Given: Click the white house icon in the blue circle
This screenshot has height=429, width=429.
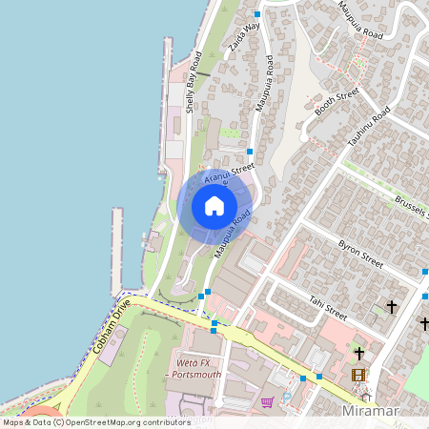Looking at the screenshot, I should click(x=214, y=205).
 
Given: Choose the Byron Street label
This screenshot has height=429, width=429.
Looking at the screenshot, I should click(x=360, y=253).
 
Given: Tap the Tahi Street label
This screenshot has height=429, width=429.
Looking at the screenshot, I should click(x=327, y=306).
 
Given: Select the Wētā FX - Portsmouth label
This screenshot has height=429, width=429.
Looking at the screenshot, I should click(x=195, y=369).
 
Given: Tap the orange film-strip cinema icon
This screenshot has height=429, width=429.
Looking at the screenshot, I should click(x=358, y=376).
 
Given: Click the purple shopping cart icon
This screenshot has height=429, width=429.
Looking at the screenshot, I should click(x=267, y=401).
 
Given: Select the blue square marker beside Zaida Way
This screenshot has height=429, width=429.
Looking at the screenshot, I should click(x=257, y=14).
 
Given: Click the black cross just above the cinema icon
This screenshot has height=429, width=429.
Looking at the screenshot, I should click(x=358, y=352).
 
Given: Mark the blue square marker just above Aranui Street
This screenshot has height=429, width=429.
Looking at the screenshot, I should click(x=250, y=151).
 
